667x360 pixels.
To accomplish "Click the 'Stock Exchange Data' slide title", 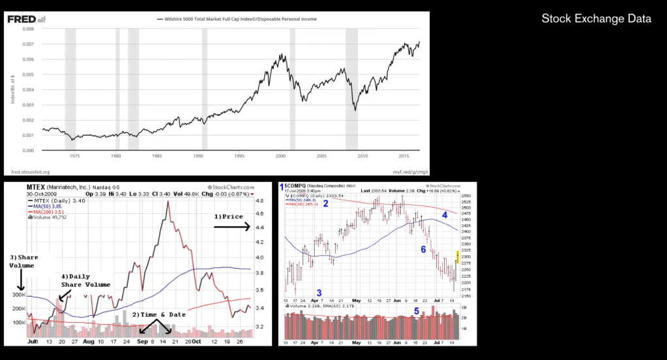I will pyautogui.click(x=596, y=19).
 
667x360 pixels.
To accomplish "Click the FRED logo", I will pyautogui.click(x=21, y=19).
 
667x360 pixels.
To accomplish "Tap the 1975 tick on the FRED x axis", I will pyautogui.click(x=74, y=157).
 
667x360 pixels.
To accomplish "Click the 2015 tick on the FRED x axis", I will pyautogui.click(x=404, y=157).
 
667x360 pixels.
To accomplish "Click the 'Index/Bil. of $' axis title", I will pyautogui.click(x=12, y=90).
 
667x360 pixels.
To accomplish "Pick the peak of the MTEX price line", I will pyautogui.click(x=168, y=202).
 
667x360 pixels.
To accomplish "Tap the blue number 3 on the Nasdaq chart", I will pyautogui.click(x=319, y=292).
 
